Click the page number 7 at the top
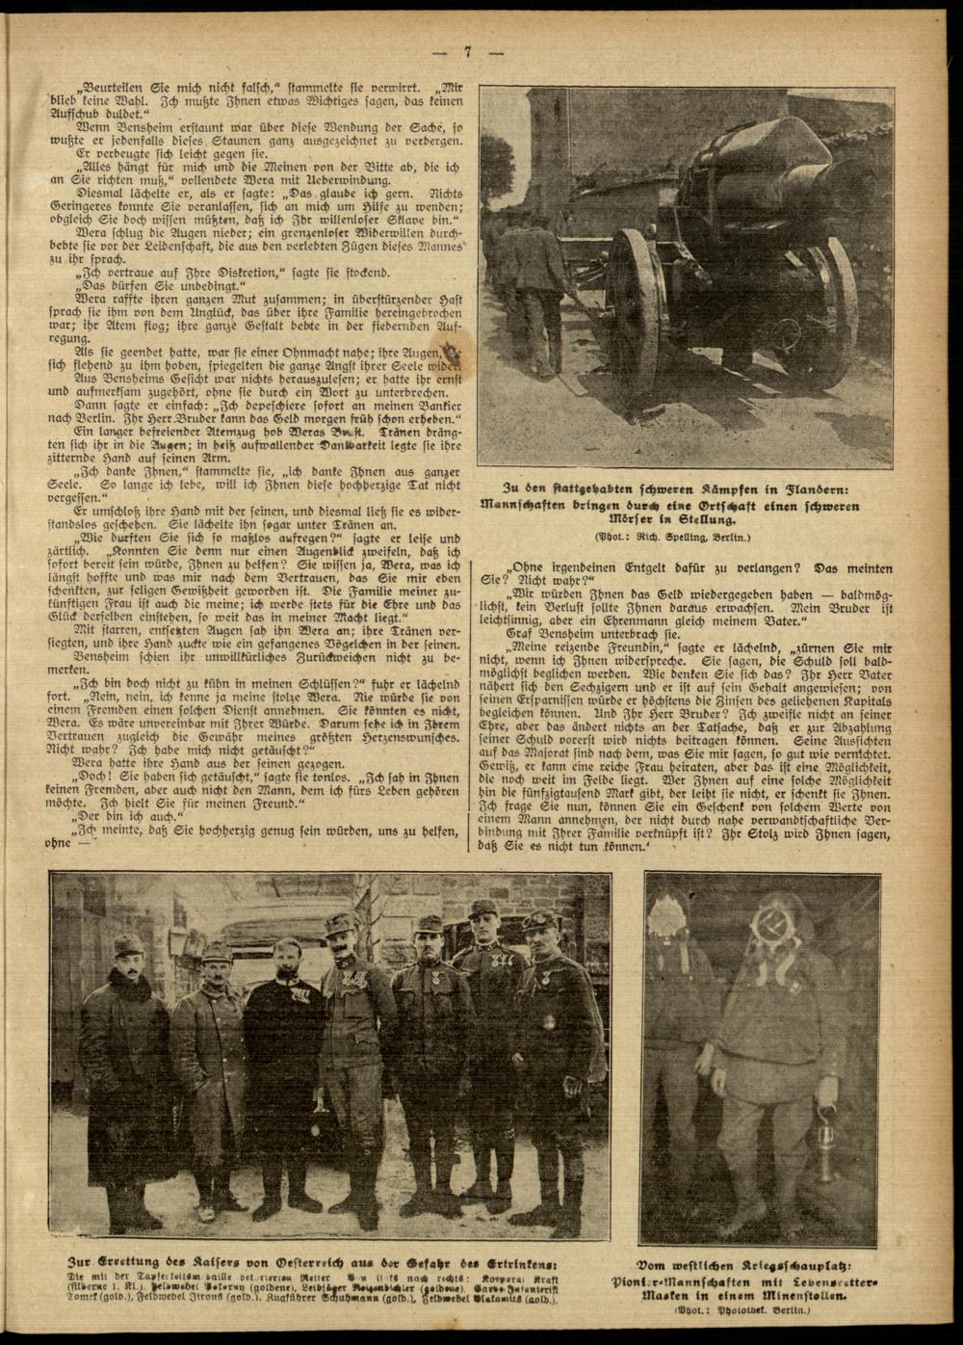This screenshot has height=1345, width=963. [466, 54]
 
